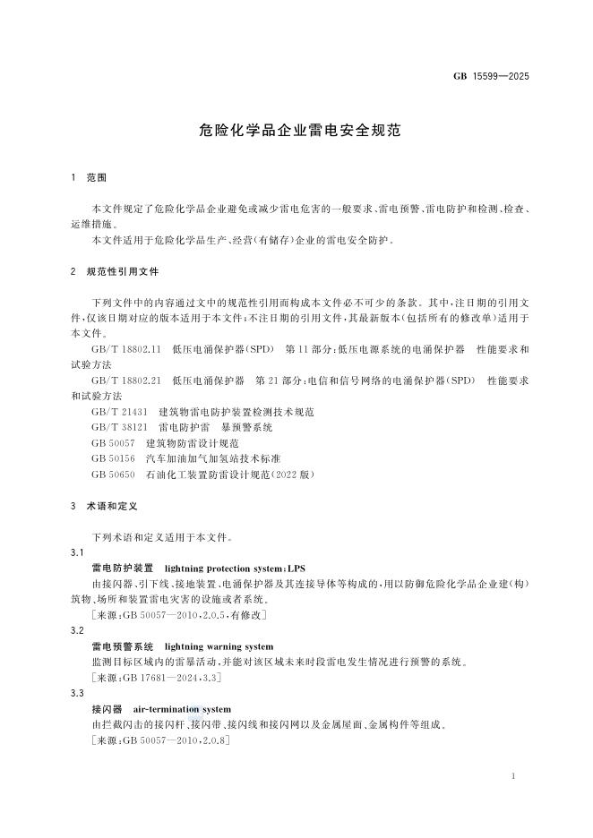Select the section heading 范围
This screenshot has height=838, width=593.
[x=97, y=178]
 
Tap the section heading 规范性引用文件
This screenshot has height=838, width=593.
[x=123, y=270]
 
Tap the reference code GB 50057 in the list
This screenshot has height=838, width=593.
[x=113, y=443]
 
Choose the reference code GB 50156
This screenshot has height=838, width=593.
[x=113, y=458]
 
